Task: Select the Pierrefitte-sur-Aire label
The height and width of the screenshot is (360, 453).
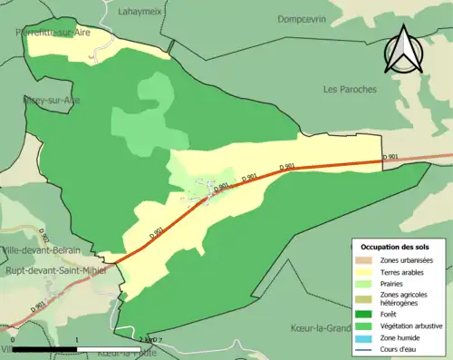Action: click(x=55, y=31)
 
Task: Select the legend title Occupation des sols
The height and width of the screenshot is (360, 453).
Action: click(x=397, y=246)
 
